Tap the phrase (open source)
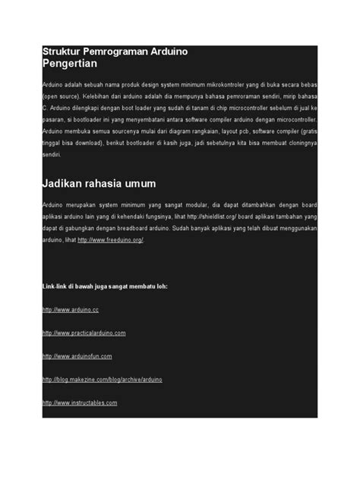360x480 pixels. (x=61, y=97)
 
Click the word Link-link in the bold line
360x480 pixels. (x=58, y=287)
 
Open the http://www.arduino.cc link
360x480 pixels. (x=71, y=310)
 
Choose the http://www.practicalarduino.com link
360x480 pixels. (x=84, y=333)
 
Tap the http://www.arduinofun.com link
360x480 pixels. (x=77, y=355)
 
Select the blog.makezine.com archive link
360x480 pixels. (x=102, y=379)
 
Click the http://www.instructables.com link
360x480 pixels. (x=80, y=402)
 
